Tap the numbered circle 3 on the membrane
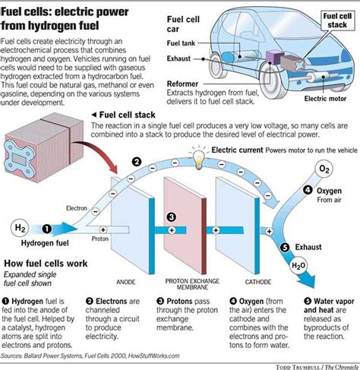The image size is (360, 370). [x=172, y=217]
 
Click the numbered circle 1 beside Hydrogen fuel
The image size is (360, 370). [x=46, y=226]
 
